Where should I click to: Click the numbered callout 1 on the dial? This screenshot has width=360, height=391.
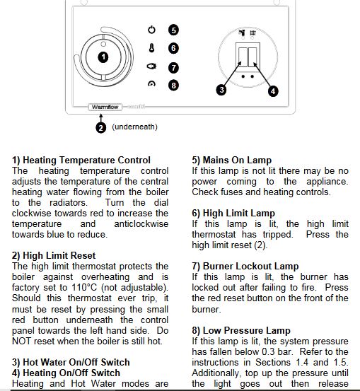103,57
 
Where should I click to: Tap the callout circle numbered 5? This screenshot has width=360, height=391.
173,30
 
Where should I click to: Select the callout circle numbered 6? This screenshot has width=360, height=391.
173,48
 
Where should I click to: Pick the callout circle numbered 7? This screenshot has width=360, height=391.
173,68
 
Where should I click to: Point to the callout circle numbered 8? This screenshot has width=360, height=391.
173,86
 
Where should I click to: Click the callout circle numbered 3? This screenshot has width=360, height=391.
221,90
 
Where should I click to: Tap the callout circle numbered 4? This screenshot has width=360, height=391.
273,91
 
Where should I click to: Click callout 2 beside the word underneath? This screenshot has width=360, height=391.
101,128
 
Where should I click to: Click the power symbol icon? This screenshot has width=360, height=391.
151,30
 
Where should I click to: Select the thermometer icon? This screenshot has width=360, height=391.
151,48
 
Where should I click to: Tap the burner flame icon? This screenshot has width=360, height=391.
151,66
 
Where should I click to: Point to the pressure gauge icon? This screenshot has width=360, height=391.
151,83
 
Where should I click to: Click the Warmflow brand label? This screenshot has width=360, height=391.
105,107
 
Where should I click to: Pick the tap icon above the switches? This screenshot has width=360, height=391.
242,33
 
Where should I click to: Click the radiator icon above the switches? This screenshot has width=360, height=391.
252,33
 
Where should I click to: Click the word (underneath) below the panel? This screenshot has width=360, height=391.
134,127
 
